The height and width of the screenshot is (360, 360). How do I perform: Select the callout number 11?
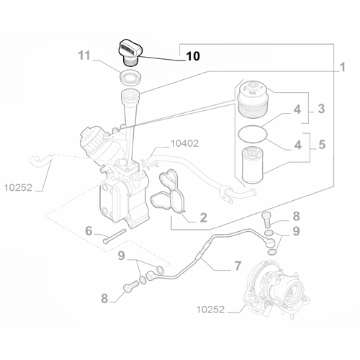[x=84, y=55]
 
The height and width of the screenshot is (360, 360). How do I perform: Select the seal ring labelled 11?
[x=130, y=76]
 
